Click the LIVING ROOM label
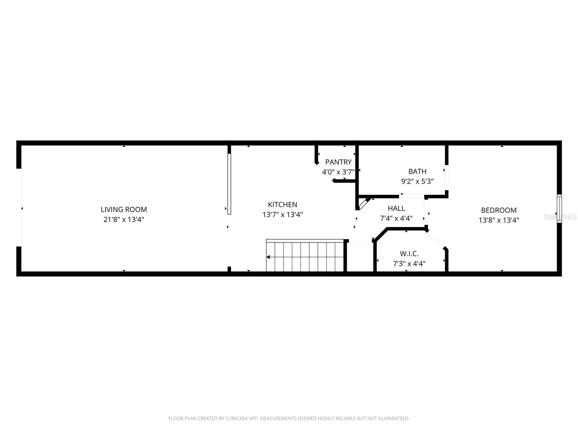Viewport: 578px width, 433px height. coord(124,209)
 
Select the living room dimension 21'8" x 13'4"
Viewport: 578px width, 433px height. coord(124,219)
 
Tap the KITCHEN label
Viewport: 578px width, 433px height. coord(282,204)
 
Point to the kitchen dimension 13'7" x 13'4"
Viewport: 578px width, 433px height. coord(282,215)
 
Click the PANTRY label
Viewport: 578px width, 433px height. coord(338,162)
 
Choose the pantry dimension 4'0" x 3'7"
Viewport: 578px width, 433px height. coord(338,172)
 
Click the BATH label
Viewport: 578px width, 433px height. coord(417,171)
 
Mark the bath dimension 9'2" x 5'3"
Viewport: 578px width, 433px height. coord(417,181)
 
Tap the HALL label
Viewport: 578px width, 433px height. coord(396,208)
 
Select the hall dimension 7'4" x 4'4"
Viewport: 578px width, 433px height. coord(396,218)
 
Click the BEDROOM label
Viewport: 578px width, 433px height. coord(499,210)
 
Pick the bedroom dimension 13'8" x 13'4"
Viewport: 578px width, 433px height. coord(499,220)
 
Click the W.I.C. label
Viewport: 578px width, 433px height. coord(409,254)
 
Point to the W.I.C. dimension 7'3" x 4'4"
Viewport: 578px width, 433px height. coord(409,264)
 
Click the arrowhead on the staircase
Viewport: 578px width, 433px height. coord(268,257)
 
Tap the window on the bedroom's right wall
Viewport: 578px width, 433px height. coord(559,209)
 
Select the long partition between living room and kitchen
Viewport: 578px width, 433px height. coord(229,184)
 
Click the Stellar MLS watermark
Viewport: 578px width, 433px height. coord(560,217)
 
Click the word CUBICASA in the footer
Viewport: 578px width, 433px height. coord(234,418)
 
